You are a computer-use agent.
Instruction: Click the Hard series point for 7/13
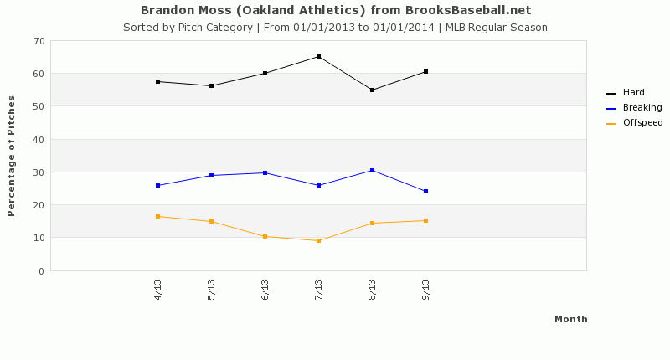pos(318,57)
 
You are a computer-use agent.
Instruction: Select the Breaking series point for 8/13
pos(372,171)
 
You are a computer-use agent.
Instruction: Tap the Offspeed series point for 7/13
pos(318,241)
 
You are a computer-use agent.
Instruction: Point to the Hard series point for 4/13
pos(157,82)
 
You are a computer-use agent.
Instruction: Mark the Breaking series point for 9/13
pos(425,192)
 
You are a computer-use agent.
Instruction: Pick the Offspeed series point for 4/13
pos(157,217)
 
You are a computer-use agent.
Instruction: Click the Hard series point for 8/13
pos(372,90)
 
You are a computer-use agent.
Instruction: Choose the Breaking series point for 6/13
pos(265,173)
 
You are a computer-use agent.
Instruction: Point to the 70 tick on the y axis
pos(38,41)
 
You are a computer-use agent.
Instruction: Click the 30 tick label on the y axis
pos(38,172)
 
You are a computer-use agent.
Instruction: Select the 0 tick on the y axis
pos(40,271)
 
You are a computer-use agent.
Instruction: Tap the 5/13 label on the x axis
pos(211,289)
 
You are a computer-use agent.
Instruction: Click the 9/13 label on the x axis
pos(425,289)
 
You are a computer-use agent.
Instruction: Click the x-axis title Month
pos(570,319)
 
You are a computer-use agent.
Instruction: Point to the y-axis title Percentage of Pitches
pos(12,156)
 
